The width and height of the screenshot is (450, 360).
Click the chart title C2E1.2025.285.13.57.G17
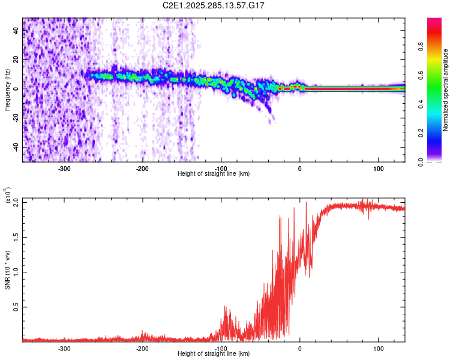pyautogui.click(x=214, y=5)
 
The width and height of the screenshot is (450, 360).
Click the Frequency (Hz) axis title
pyautogui.click(x=7, y=90)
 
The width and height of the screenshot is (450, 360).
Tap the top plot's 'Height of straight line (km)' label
pyautogui.click(x=214, y=173)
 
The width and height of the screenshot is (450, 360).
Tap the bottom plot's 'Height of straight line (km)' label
pyautogui.click(x=214, y=353)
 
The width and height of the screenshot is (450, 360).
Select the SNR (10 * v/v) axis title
pyautogui.click(x=7, y=270)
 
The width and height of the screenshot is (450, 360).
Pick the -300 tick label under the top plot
pyautogui.click(x=64, y=168)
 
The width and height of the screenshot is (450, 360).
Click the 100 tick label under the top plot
pyautogui.click(x=379, y=168)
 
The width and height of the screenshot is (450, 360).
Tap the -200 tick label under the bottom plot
pyautogui.click(x=142, y=348)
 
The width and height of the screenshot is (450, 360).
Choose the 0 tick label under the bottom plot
pyautogui.click(x=300, y=348)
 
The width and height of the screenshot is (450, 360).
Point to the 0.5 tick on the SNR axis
pyautogui.click(x=16, y=307)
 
